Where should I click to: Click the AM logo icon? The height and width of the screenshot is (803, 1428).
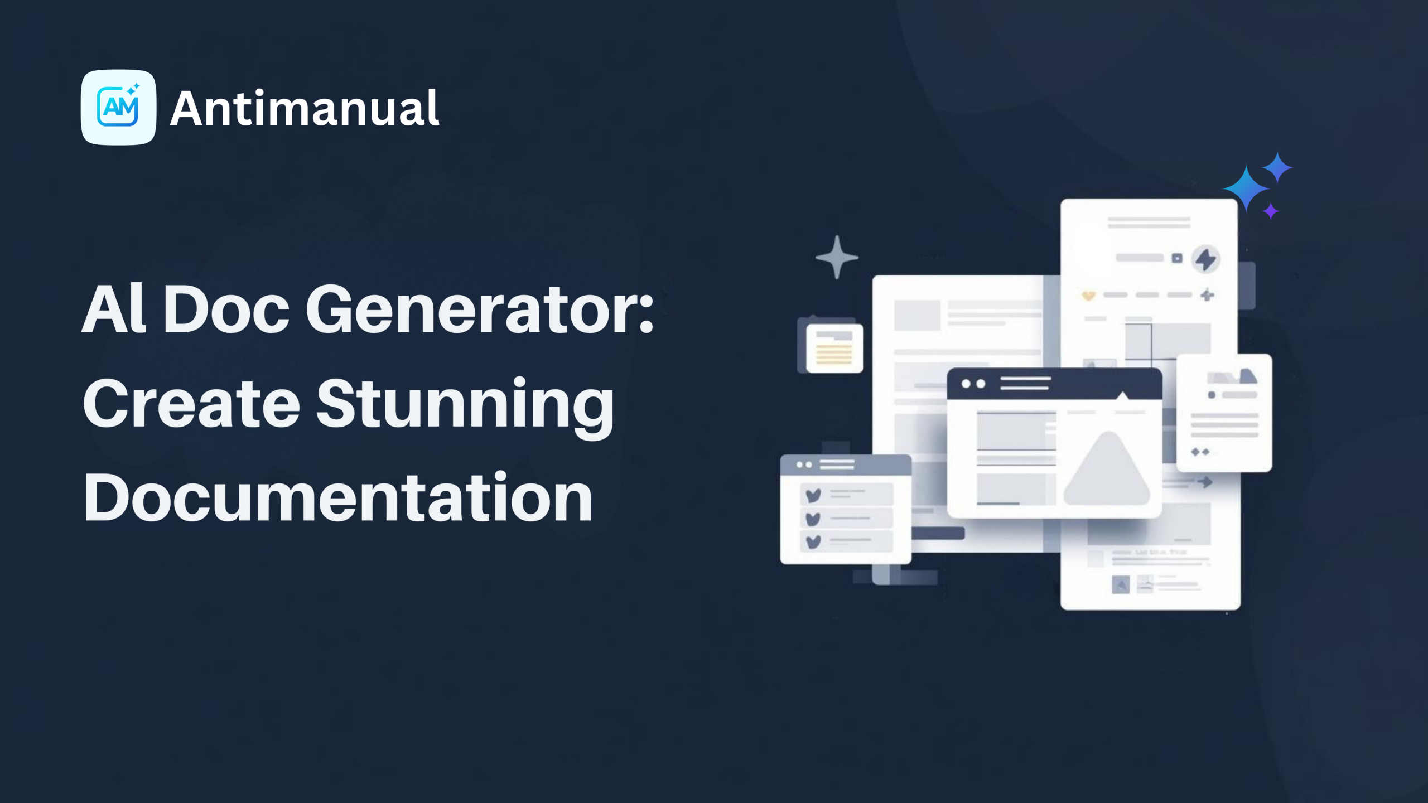click(x=118, y=107)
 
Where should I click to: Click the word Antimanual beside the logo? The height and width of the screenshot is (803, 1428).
click(x=305, y=108)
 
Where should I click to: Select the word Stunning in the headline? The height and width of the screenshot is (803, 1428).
click(x=466, y=403)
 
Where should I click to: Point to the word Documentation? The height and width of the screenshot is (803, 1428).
click(x=338, y=497)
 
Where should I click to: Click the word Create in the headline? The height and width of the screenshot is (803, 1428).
click(x=192, y=403)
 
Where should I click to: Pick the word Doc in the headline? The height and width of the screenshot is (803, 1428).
click(x=226, y=309)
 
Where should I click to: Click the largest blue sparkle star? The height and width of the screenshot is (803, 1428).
click(x=1246, y=188)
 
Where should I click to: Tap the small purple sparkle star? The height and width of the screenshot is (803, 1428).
click(x=1271, y=211)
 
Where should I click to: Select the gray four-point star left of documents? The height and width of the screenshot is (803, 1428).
click(x=837, y=257)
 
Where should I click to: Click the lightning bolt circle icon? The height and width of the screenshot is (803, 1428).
click(x=1206, y=259)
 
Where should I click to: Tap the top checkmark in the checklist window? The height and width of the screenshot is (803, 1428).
click(x=813, y=495)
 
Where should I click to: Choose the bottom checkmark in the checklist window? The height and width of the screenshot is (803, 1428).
click(x=813, y=541)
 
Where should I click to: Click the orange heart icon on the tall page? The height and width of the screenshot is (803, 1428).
click(x=1088, y=295)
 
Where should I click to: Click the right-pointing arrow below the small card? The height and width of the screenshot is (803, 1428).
click(x=1205, y=481)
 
